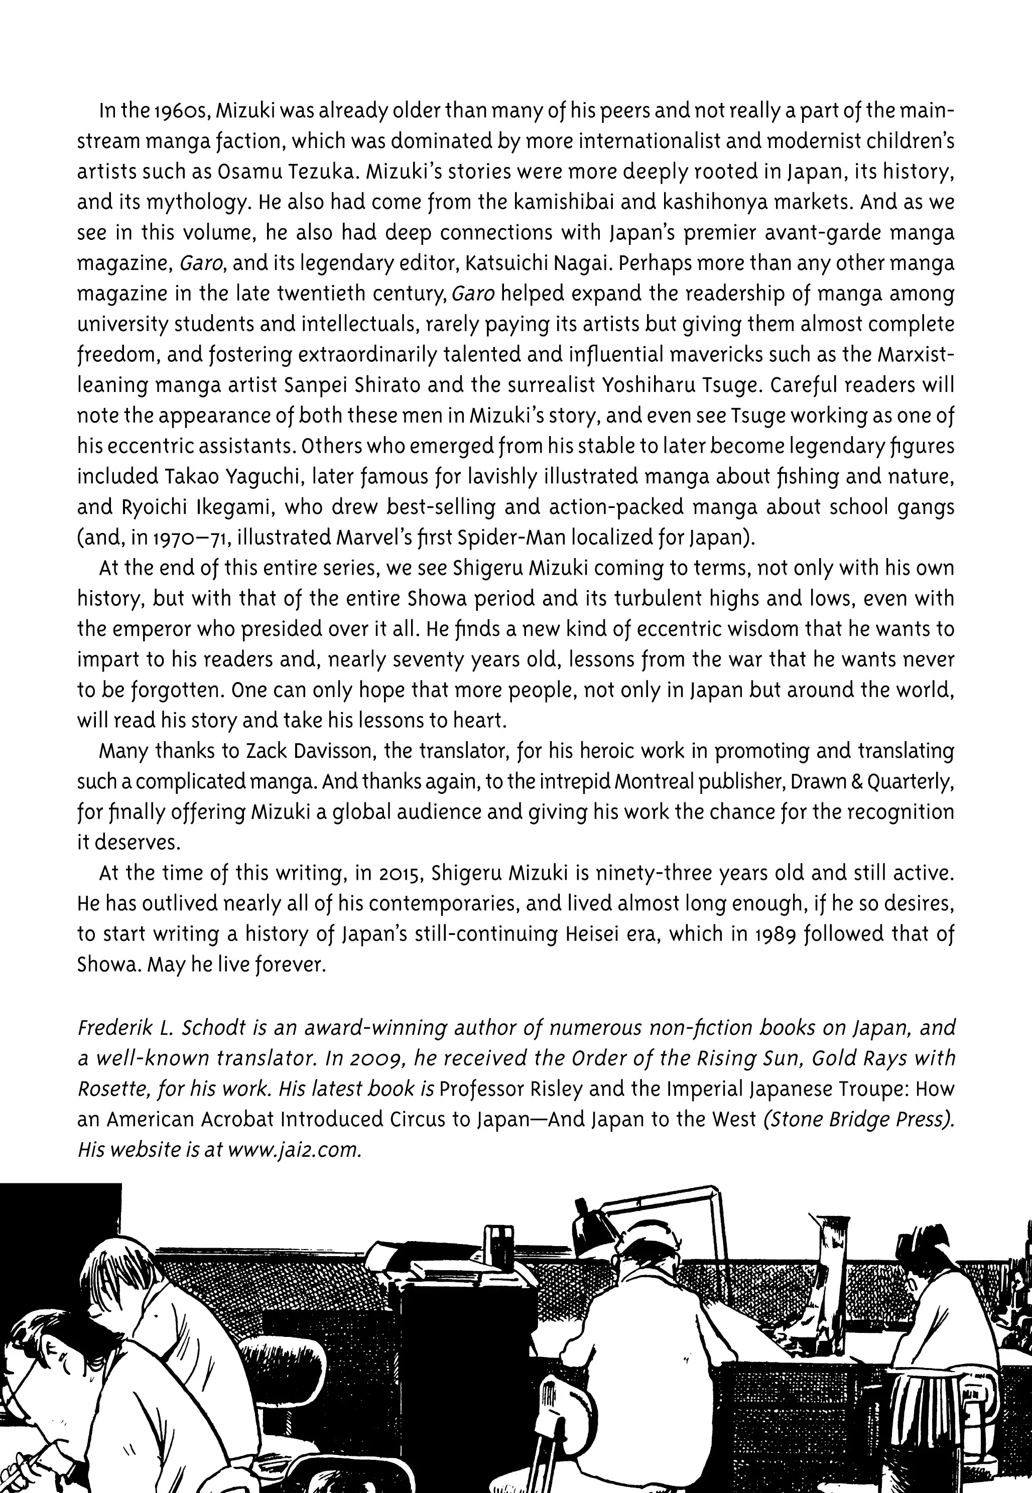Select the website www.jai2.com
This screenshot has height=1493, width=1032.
(294, 1150)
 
